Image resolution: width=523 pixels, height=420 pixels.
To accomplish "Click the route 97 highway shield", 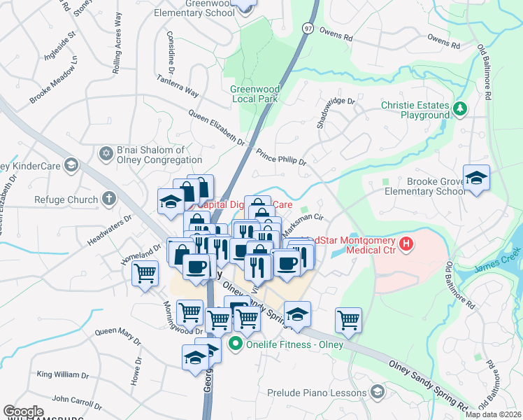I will pos(308,27).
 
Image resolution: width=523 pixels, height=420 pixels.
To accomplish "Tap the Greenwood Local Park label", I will pos(255,94).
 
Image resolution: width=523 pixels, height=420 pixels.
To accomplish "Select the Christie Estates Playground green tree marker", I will pos(460,108).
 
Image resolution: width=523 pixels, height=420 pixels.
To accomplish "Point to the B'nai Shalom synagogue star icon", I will pos(106,153).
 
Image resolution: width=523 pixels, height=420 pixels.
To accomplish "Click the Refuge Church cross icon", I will pos(108,199).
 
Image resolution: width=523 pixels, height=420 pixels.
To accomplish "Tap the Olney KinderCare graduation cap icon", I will pos(70,164).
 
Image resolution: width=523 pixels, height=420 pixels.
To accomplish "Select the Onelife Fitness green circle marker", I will pos(236,343).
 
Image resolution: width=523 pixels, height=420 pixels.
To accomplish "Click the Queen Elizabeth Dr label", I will pos(217,127).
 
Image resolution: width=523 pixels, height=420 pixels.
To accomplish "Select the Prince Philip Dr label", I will pos(282,156).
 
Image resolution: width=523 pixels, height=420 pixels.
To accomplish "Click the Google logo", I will pos(24,412).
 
